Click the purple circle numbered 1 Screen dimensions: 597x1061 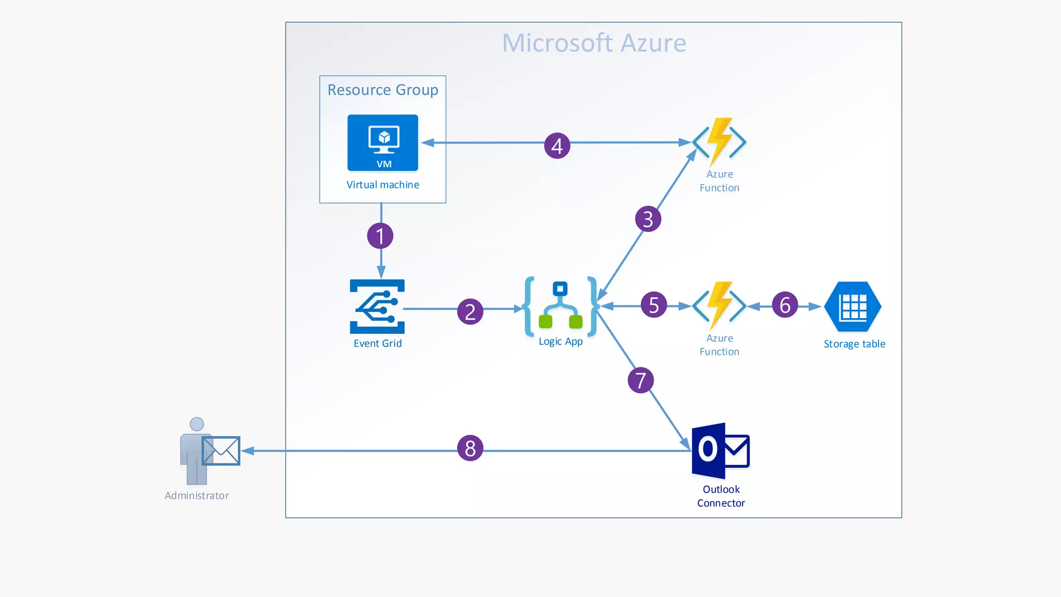click(380, 236)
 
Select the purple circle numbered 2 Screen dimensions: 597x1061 click(470, 311)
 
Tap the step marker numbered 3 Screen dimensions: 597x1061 click(648, 219)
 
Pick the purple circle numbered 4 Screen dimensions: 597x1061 click(557, 146)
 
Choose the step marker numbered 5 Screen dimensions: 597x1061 click(654, 305)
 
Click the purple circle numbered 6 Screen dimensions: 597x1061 click(785, 305)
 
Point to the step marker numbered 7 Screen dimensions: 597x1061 click(641, 380)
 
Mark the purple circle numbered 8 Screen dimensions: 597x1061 click(470, 448)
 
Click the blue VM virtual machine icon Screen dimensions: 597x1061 click(383, 143)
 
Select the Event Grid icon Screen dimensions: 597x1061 click(377, 306)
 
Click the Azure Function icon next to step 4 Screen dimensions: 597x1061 click(719, 141)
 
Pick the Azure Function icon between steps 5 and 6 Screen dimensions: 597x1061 click(719, 306)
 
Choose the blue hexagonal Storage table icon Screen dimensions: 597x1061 click(853, 307)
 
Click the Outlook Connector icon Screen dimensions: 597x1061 click(720, 450)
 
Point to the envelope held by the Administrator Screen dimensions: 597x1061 click(221, 450)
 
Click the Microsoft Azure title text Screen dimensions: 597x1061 click(594, 43)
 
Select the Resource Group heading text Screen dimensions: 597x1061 click(383, 90)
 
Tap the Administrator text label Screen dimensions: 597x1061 click(196, 495)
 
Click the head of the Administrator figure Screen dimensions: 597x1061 click(197, 424)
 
